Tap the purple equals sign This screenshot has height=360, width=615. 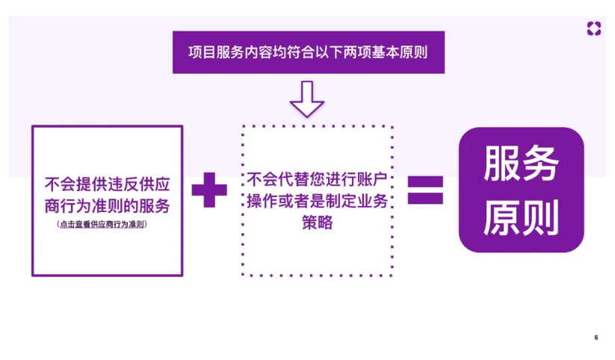(x=425, y=190)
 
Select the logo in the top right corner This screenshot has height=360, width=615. (x=594, y=29)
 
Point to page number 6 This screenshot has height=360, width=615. (x=596, y=338)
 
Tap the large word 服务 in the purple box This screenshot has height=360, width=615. (x=521, y=164)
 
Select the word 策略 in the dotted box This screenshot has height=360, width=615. (x=318, y=223)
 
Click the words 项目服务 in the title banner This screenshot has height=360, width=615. (x=214, y=52)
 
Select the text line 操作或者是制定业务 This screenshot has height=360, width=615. (x=318, y=202)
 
